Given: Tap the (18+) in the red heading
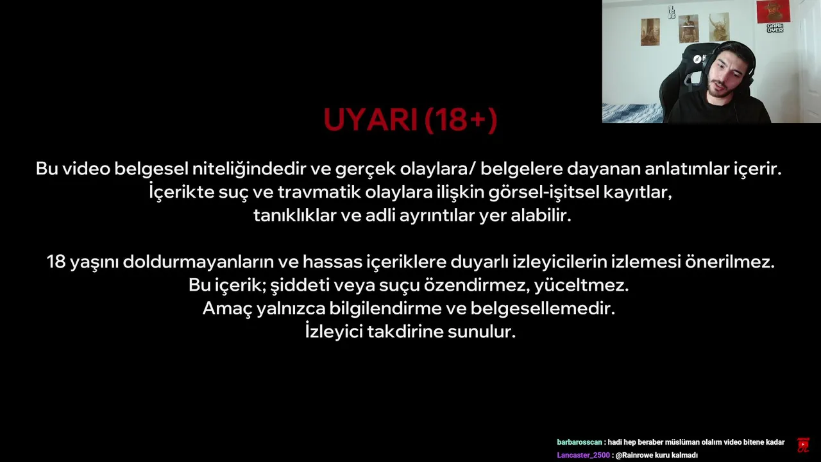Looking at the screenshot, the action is point(461,119).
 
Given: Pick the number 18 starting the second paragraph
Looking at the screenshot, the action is point(56,262).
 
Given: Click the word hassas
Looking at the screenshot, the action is point(332,262).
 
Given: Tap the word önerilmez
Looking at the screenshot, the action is point(730,262).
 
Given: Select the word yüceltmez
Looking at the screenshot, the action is point(581,286).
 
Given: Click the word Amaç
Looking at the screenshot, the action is point(227,309).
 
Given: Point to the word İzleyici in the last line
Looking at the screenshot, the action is point(334,332).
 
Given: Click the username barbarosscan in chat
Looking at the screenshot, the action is point(579,442).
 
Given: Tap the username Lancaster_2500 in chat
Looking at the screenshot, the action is point(583,455).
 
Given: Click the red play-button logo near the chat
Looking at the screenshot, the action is point(802,445).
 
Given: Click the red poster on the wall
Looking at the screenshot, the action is point(774,11).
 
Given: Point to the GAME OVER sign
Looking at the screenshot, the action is point(775,28).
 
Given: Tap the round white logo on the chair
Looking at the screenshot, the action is point(697,59).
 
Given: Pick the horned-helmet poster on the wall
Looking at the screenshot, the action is point(719,27).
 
